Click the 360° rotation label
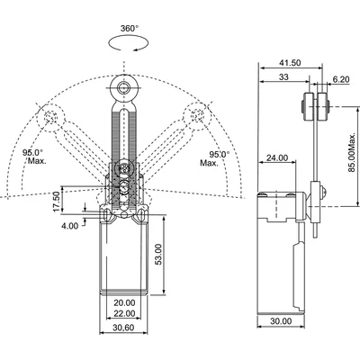pos(130,29)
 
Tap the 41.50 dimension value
pos(290,63)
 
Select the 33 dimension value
pos(283,76)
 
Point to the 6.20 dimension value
pos(341,79)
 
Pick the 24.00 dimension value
pos(277,157)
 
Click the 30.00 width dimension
pos(281,321)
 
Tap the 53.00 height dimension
pos(158,254)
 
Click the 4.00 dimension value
pos(70,226)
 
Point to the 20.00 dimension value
pos(124,302)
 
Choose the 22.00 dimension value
pos(124,313)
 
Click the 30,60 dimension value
pos(123,328)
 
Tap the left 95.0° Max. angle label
pos(34,157)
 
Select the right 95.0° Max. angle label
pos(214,158)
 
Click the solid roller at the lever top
pos(123,88)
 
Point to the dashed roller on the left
pos(51,117)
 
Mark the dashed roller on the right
pos(197,116)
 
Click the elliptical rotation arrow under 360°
pos(129,43)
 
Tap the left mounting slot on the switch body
pos(106,214)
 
